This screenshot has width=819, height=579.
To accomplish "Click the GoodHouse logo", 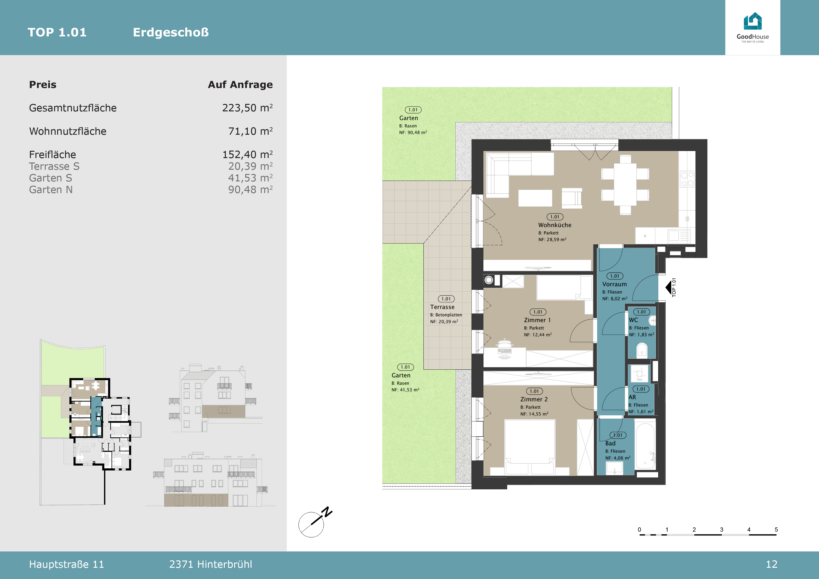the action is pos(753,28).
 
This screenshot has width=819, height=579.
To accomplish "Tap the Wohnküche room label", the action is pos(555,225).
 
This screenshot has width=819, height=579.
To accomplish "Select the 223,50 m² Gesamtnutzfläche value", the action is pos(247,108).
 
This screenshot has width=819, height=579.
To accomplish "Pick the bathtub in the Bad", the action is pos(645,446).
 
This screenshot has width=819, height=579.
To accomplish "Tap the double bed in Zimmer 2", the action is pos(530,448).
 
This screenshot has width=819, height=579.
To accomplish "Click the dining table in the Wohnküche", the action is pos(625,185).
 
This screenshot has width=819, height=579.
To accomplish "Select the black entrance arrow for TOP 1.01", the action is pos(668,287).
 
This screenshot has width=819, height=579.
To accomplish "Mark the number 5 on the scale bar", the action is pos(776,530).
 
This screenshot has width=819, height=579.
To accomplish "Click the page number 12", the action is pos(772,564).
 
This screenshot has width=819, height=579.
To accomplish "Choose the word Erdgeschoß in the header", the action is pos(171,32).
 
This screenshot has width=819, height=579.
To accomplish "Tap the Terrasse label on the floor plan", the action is pos(442,307).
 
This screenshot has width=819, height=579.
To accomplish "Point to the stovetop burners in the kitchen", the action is pos(687,179).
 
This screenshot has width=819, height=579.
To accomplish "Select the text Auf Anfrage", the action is pos(240,85).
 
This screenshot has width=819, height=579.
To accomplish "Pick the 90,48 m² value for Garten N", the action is pos(250,189).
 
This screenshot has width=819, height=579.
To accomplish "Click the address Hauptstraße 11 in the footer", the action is pos(66,564).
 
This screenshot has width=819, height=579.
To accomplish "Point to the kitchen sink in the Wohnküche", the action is pos(674,236).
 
